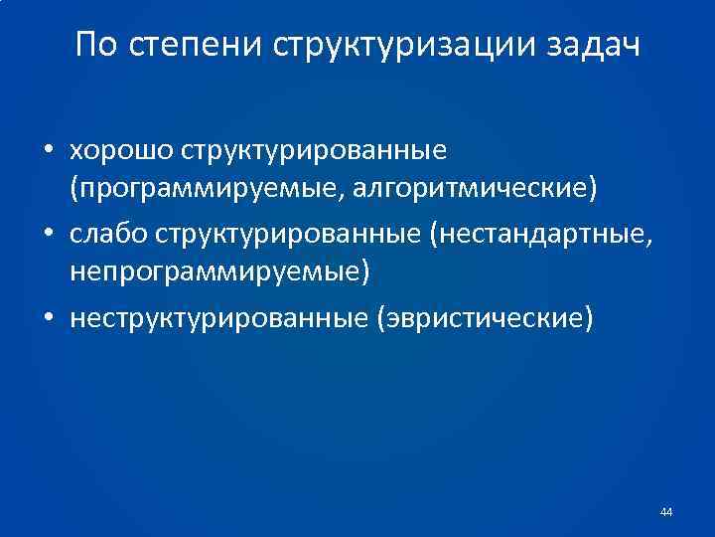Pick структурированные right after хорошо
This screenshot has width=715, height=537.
(314, 151)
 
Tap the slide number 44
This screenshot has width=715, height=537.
(665, 512)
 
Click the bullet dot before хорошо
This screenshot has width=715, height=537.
(48, 152)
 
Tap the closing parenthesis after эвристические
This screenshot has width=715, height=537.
(592, 318)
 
